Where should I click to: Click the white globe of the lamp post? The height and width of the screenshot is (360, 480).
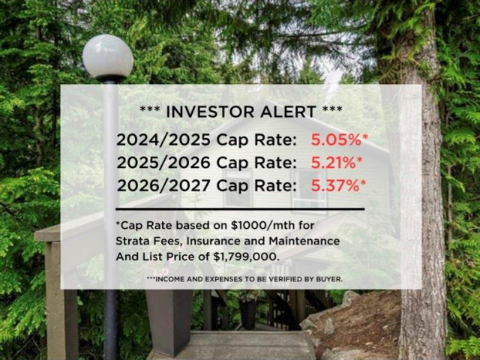(108, 56)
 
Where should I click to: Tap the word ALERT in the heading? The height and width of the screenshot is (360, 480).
(288, 112)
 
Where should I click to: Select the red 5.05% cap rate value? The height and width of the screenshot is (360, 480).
(337, 140)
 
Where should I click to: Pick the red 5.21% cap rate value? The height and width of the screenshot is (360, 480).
(333, 163)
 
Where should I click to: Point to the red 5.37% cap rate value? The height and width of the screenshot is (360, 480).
(335, 185)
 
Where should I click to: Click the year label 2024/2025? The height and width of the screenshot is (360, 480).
(163, 140)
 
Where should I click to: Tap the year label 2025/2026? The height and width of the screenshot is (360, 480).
(163, 163)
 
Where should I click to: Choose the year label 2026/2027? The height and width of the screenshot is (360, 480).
(163, 185)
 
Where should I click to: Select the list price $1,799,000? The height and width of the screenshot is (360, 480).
(247, 256)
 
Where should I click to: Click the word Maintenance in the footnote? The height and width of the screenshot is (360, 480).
(304, 241)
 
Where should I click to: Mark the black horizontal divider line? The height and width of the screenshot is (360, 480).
(240, 209)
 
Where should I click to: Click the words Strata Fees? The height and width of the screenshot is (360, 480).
(150, 241)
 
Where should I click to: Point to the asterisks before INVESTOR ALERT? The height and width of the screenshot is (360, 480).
(149, 109)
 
